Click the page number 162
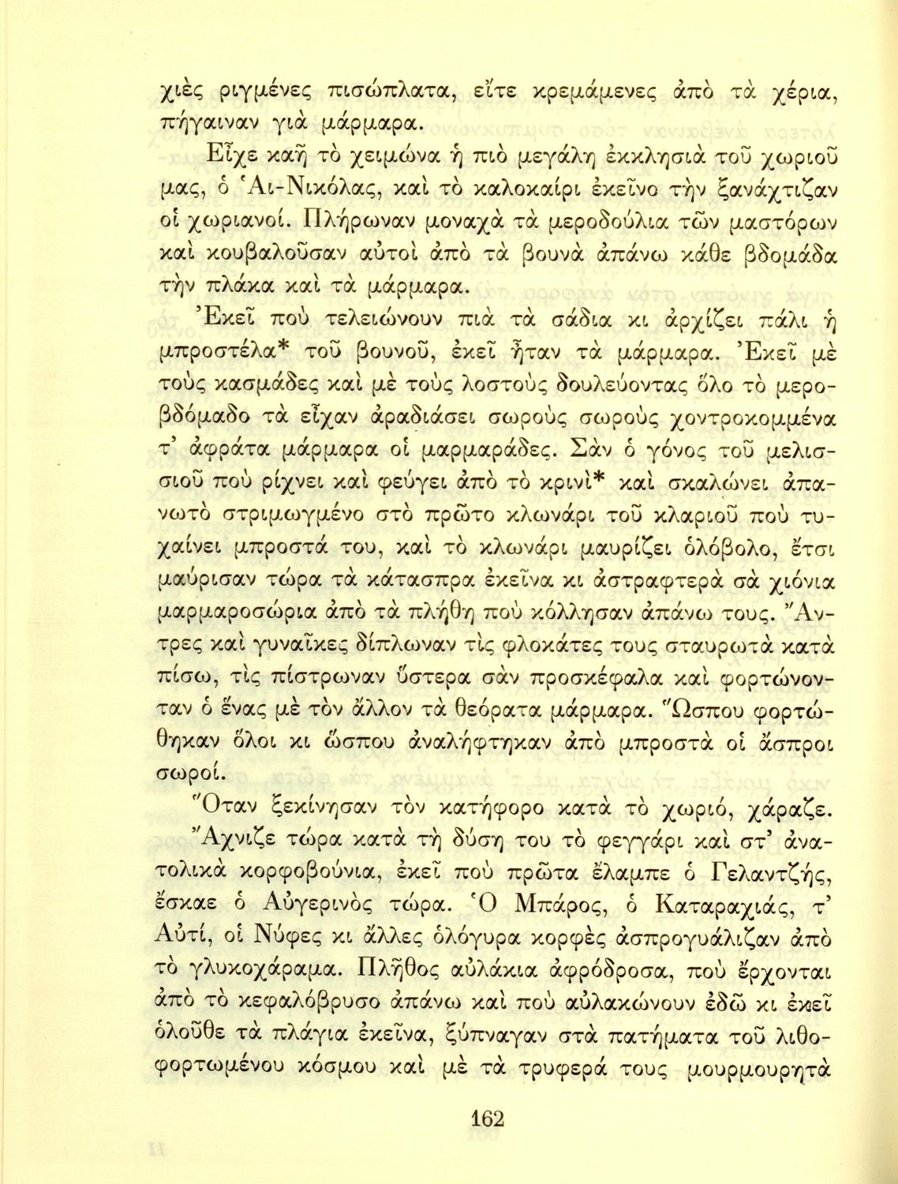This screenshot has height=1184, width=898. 487,1118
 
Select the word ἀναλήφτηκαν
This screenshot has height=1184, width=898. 454,743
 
